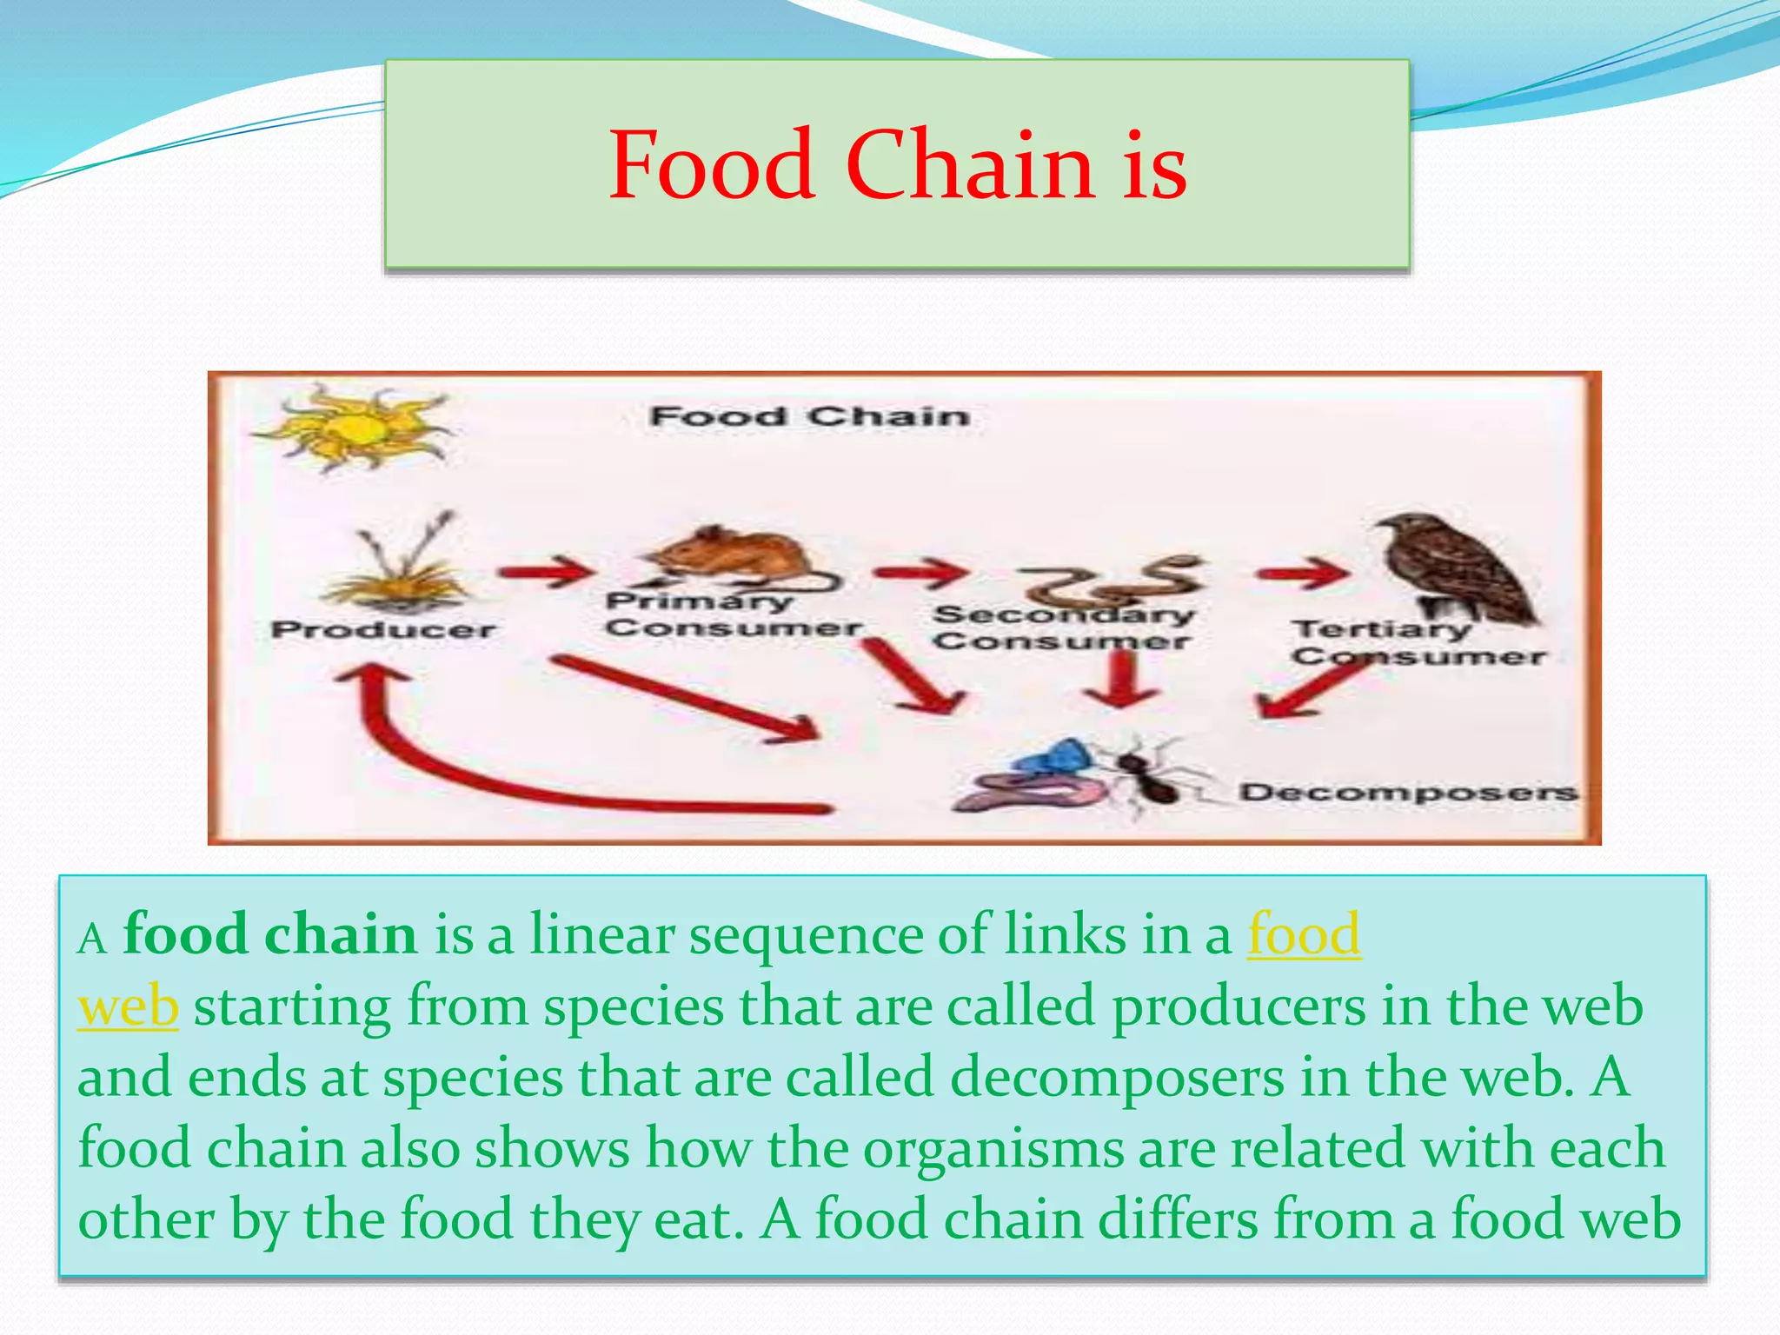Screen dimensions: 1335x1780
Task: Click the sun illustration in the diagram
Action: [355, 428]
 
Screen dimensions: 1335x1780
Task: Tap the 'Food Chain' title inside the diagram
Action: [809, 416]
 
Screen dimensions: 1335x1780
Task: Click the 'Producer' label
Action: [383, 629]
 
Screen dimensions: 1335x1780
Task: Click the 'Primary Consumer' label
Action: [732, 614]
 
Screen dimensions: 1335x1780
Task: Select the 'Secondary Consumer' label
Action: [1063, 628]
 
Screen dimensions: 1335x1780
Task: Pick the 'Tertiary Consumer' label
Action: [1417, 641]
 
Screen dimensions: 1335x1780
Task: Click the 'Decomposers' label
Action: [1407, 792]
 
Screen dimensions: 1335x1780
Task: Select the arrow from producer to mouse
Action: [546, 571]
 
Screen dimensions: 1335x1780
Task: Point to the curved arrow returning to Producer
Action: [452, 765]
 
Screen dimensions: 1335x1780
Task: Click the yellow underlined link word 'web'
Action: [128, 1006]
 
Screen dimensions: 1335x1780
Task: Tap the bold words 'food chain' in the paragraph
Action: [270, 935]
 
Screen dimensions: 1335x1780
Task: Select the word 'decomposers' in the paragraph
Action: [1117, 1078]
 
